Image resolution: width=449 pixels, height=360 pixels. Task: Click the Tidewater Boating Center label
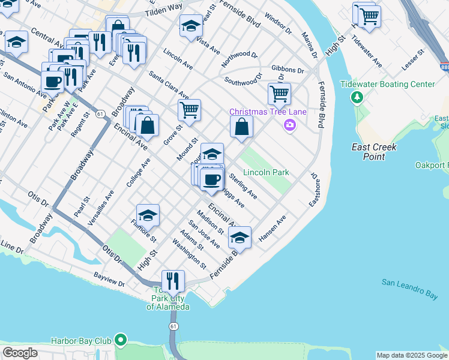387,84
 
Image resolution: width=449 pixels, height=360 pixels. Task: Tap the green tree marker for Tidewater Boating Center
358,97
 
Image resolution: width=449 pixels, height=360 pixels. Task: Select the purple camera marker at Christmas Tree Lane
291,125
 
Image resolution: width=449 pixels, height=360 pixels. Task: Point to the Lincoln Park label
266,172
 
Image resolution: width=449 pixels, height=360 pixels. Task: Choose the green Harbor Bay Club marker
121,341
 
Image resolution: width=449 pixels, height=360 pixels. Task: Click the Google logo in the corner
20,353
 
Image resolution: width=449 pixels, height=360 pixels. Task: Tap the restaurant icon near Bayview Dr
173,280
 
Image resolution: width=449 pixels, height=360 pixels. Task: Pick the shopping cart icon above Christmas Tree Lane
279,93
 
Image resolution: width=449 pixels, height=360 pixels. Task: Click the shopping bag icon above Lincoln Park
241,127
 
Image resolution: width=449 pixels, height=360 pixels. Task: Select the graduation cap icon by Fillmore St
148,215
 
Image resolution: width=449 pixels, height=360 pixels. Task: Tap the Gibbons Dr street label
289,69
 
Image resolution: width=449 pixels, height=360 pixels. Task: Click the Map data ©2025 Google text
412,355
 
